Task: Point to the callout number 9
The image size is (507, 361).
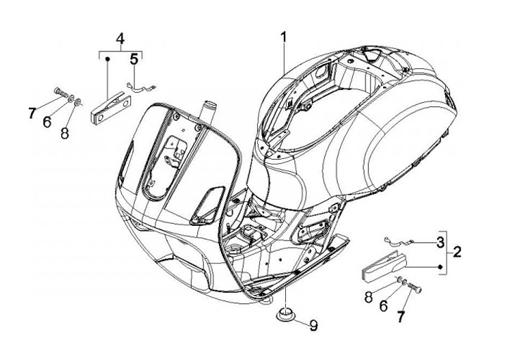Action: (313, 325)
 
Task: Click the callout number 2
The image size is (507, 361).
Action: (457, 252)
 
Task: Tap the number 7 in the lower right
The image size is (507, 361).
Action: (401, 317)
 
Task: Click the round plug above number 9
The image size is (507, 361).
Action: (284, 313)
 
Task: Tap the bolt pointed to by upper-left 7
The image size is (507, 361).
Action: (60, 91)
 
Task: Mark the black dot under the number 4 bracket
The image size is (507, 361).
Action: (107, 61)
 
